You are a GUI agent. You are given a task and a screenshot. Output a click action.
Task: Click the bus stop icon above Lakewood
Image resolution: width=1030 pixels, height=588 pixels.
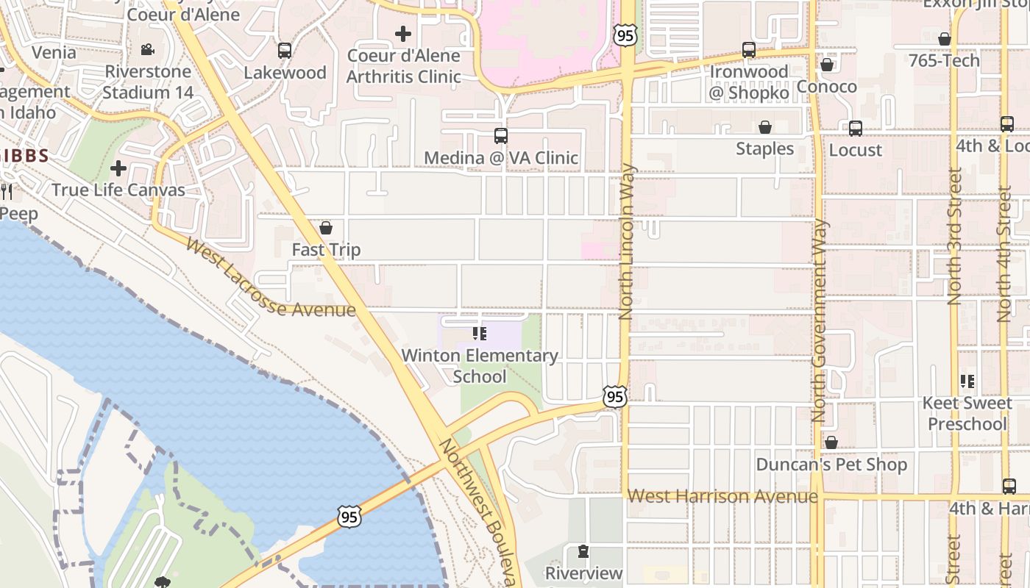click(285, 51)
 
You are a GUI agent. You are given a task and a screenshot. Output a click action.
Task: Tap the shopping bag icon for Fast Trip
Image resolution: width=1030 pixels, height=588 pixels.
click(326, 228)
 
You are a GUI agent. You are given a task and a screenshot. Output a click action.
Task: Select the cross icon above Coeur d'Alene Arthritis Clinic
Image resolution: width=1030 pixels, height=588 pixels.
click(402, 33)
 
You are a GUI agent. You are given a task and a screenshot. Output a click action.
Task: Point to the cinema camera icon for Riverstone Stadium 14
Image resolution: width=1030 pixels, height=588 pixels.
click(148, 50)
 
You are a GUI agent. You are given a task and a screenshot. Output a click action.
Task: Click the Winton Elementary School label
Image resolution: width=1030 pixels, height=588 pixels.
click(480, 366)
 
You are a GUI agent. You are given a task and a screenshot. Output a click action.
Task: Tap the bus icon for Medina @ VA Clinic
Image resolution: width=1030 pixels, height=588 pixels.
click(501, 136)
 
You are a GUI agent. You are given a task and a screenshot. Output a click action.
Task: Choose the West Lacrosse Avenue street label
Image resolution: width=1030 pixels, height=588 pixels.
click(270, 278)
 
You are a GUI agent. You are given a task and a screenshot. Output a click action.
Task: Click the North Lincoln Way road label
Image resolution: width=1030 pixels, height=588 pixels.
click(626, 241)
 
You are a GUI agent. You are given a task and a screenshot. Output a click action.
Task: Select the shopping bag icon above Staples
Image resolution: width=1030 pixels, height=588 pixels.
click(765, 127)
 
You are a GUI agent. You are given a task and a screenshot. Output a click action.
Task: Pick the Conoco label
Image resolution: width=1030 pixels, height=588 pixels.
click(827, 87)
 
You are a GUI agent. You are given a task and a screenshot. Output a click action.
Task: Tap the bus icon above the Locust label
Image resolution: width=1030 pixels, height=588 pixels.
click(855, 129)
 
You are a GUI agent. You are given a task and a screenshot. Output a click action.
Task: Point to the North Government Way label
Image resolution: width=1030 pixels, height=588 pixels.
click(820, 320)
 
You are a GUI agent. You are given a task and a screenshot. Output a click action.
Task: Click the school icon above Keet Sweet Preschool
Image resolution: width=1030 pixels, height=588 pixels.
click(967, 381)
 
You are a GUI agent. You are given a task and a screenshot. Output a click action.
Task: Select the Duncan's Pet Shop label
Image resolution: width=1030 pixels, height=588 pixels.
click(831, 465)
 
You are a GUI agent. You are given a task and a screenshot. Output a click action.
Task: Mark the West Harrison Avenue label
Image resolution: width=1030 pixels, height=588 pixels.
click(722, 497)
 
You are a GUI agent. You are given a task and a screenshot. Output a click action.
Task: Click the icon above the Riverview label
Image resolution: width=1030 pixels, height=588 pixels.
click(583, 551)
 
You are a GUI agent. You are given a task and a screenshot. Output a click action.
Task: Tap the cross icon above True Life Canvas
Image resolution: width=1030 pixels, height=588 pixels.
click(118, 168)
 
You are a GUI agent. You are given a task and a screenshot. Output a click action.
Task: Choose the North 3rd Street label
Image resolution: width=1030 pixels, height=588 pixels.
click(954, 237)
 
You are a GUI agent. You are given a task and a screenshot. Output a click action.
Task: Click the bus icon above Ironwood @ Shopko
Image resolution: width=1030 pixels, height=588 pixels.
click(749, 50)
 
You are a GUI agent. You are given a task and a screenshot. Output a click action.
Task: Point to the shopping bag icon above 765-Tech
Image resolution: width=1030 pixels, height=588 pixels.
click(945, 39)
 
